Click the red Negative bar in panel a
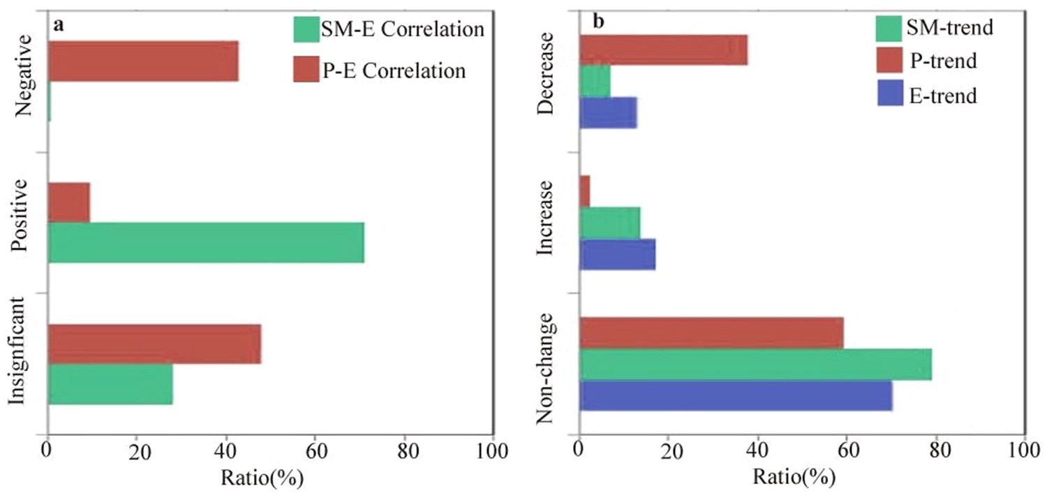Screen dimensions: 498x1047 143,61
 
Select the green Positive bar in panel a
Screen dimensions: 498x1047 206,242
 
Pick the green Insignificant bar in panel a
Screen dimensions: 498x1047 110,384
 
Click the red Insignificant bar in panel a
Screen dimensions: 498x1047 154,344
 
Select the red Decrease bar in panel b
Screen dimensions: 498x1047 663,50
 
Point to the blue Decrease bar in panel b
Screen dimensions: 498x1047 608,113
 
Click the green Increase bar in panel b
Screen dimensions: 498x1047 609,223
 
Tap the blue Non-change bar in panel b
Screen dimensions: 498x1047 736,395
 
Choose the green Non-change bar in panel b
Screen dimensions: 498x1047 755,365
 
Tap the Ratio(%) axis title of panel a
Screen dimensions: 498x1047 262,478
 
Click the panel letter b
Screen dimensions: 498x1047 598,22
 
